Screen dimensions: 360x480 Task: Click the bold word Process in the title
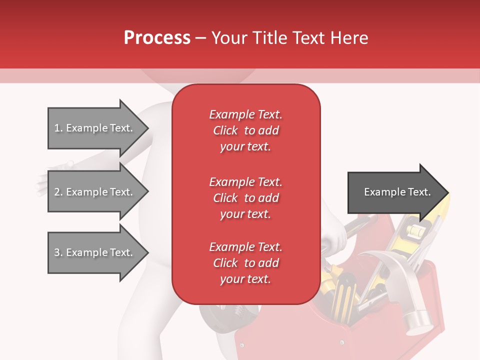coord(157,37)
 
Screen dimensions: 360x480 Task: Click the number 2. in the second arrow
coord(58,192)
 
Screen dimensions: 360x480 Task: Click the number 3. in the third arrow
coord(58,252)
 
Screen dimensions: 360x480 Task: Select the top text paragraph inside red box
coord(245,130)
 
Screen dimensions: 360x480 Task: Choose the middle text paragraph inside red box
coord(245,198)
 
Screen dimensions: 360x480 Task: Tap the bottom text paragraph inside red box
coord(245,263)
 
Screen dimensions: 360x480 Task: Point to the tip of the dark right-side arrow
coord(447,192)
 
